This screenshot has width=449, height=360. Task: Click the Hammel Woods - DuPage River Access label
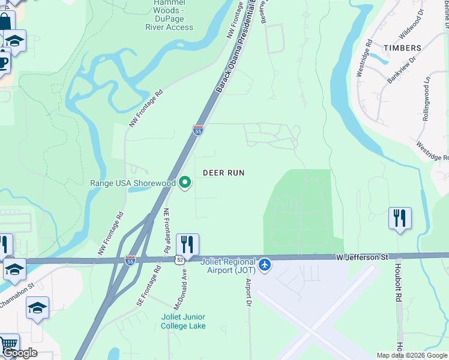coord(169,15)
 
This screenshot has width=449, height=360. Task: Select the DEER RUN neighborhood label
coord(223,173)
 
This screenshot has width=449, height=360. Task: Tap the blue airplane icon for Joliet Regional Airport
coord(265,264)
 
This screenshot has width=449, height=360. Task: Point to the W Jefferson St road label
coord(360,257)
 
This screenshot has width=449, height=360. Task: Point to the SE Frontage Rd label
coord(149,286)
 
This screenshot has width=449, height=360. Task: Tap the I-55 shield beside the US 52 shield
coord(130,260)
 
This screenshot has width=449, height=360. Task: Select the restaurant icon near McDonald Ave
coord(187,245)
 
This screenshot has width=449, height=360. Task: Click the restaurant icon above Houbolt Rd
coord(400,218)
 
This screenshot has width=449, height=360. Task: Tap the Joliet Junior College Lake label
coord(183,321)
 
